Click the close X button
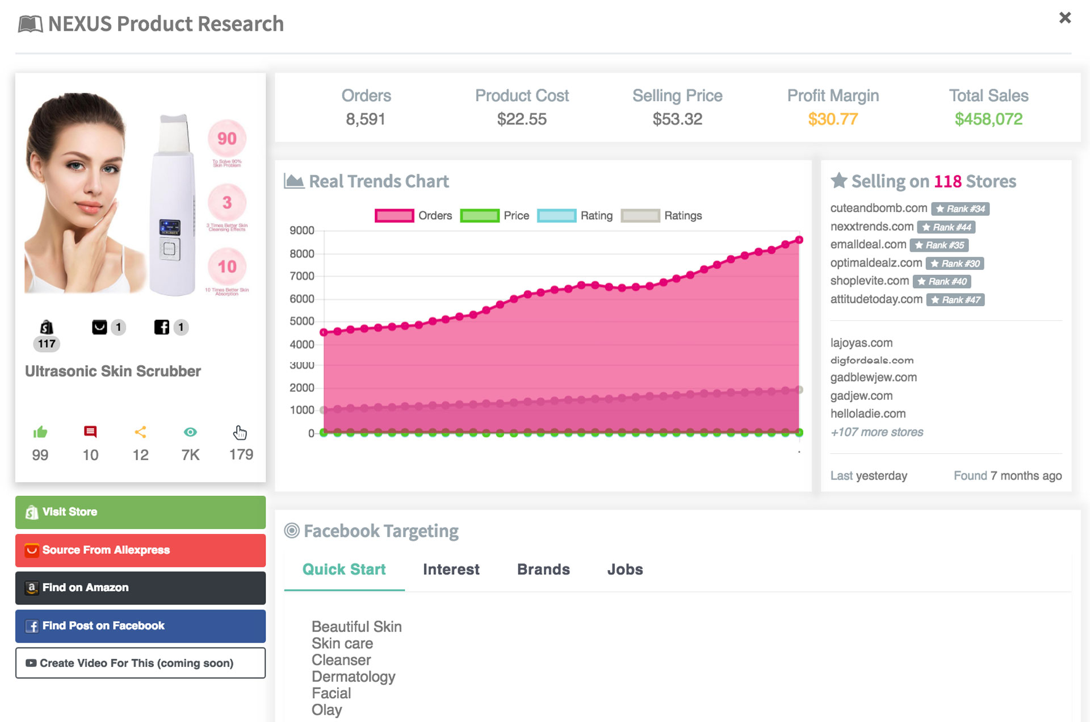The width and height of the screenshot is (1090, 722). (x=1064, y=18)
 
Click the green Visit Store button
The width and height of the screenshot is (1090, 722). (x=140, y=512)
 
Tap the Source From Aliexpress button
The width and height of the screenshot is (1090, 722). (x=140, y=550)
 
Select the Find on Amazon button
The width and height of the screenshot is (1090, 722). (x=140, y=587)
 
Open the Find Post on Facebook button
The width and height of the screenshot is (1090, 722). (x=140, y=625)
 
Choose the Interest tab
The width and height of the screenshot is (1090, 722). (x=451, y=569)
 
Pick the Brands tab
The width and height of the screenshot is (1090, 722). (x=543, y=569)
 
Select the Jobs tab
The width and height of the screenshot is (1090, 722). (x=625, y=569)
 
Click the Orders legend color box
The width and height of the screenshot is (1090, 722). (x=394, y=216)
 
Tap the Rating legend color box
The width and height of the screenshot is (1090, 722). (x=556, y=216)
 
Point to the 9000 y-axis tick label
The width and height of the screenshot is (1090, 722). (x=301, y=231)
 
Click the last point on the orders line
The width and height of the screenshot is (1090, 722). (x=799, y=240)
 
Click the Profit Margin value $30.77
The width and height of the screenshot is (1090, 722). (x=833, y=119)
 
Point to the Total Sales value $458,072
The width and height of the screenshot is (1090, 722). (x=988, y=119)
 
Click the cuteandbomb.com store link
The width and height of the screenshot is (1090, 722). (x=878, y=208)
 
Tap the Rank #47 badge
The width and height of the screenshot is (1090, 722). (x=955, y=300)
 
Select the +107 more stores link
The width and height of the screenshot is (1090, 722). (x=877, y=432)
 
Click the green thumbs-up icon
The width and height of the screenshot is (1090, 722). (x=40, y=432)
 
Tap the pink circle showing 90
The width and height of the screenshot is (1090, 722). (x=227, y=139)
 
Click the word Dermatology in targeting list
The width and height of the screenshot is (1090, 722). (x=353, y=677)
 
